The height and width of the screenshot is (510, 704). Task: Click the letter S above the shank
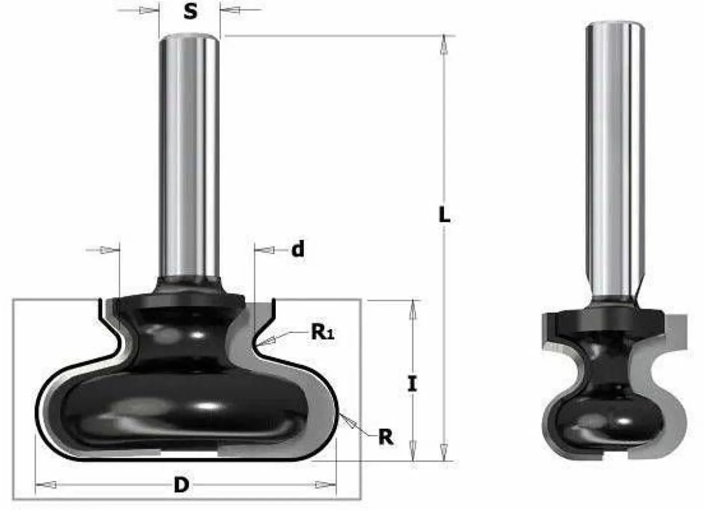click(190, 11)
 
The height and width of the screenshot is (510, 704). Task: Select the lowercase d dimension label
click(298, 249)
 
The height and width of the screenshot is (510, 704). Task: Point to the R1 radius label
click(322, 332)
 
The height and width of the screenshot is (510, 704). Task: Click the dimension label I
click(413, 384)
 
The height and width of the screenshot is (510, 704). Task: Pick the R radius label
click(386, 437)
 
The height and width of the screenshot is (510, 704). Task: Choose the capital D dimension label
click(181, 485)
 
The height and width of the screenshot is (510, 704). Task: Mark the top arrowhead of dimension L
click(444, 44)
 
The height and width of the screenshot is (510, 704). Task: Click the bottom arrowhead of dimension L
click(444, 451)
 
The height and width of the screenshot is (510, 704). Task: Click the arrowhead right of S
click(231, 10)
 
